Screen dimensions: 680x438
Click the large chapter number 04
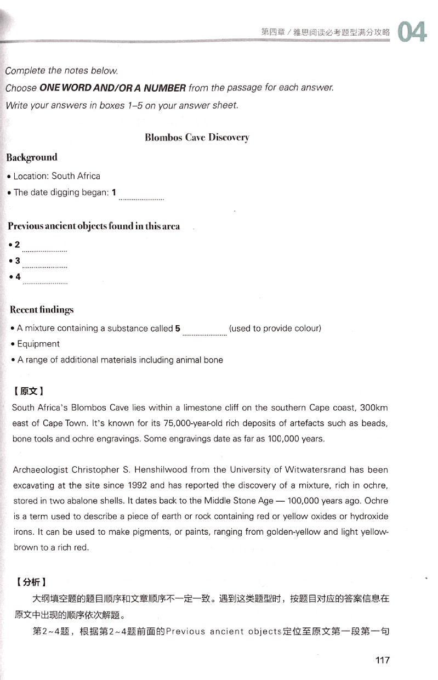click(412, 32)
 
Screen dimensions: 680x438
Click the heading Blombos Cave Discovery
click(197, 137)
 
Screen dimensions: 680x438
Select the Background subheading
click(32, 157)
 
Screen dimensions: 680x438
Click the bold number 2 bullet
click(18, 244)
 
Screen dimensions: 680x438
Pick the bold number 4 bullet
click(18, 277)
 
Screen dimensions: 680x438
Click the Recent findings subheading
click(42, 310)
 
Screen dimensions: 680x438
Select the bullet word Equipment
click(38, 344)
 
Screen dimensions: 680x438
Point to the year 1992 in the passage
click(137, 485)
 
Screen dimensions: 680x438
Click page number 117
click(382, 660)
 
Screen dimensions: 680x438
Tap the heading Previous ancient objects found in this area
click(93, 226)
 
